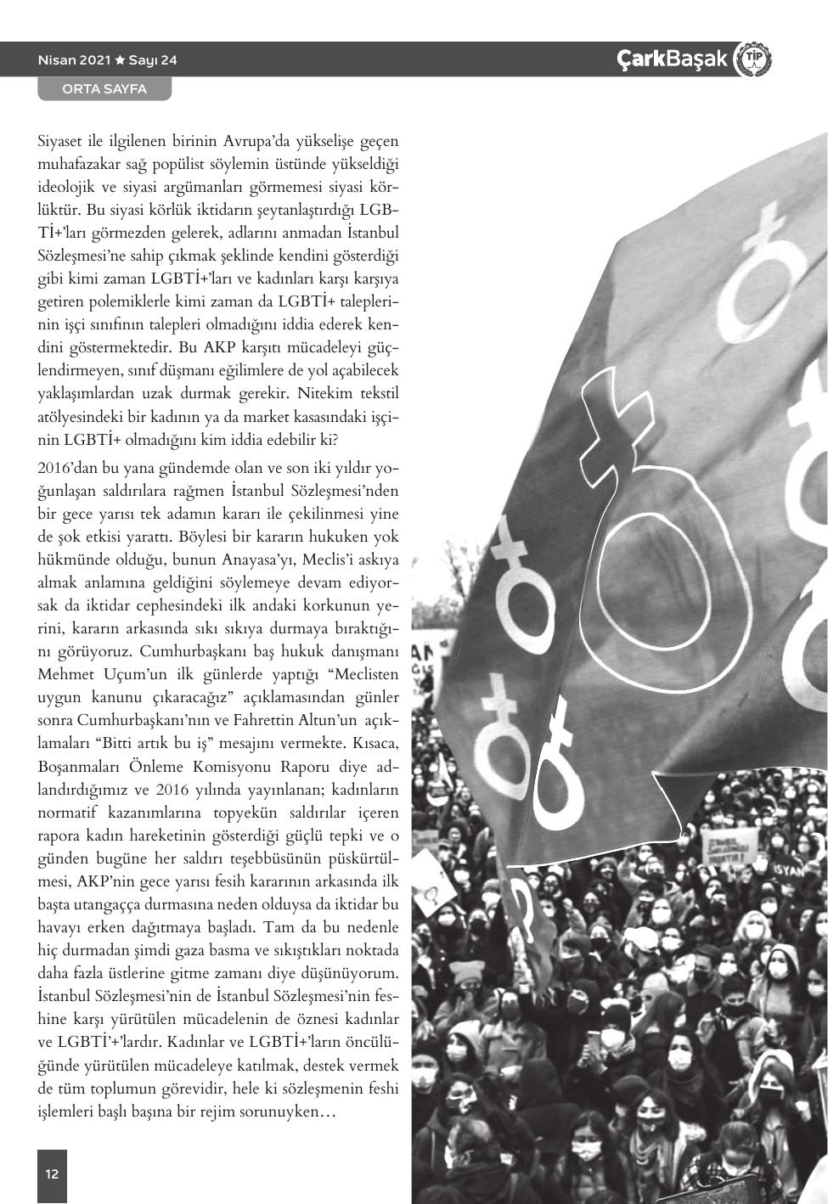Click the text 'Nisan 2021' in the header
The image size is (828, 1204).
tap(74, 60)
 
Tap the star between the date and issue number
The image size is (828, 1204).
tap(120, 60)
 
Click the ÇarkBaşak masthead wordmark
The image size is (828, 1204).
tap(673, 59)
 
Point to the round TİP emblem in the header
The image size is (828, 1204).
tap(752, 59)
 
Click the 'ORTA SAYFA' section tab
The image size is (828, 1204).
tap(104, 89)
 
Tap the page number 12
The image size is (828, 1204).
tap(52, 1174)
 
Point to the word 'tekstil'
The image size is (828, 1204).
tap(379, 394)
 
